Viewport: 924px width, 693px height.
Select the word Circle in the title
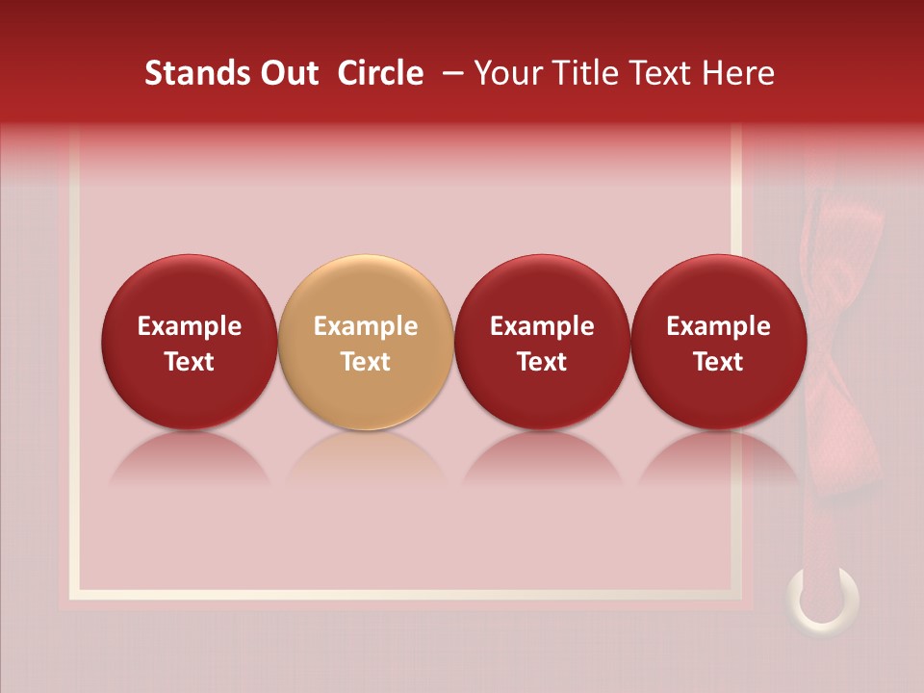[x=380, y=73]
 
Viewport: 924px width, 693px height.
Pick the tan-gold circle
[x=366, y=342]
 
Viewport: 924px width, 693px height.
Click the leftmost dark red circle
[x=190, y=342]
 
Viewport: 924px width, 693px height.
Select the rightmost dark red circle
[x=719, y=342]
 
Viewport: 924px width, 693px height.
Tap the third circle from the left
[x=542, y=342]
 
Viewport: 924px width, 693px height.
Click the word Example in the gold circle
[x=366, y=326]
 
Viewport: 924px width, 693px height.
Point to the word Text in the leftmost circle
[x=190, y=362]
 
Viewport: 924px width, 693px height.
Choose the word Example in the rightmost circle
[x=719, y=326]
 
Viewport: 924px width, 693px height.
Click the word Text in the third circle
[x=542, y=362]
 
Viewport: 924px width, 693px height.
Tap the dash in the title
[x=452, y=73]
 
